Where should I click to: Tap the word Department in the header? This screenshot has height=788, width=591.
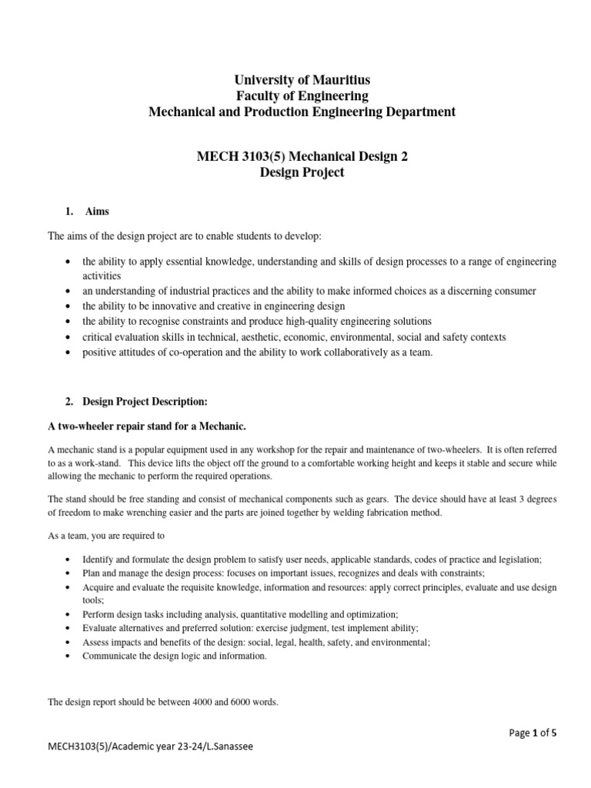(x=418, y=112)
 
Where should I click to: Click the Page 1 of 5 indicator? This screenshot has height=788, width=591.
(x=533, y=733)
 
